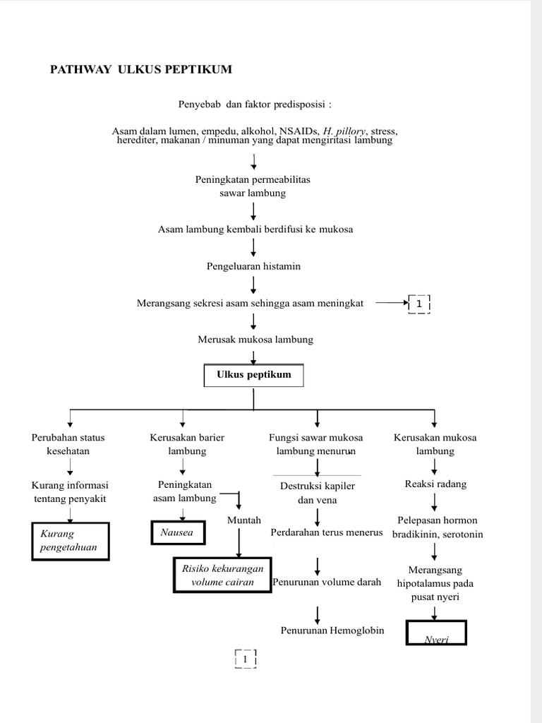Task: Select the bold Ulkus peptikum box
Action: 254,376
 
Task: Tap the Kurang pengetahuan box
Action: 70,541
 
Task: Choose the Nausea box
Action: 177,532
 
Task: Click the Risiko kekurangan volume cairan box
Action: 222,575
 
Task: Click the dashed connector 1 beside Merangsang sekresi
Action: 419,304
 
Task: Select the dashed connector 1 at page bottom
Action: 245,659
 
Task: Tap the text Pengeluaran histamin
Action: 253,266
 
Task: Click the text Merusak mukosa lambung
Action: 255,340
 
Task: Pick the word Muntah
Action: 244,520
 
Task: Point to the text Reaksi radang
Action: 435,484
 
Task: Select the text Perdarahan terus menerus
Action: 326,532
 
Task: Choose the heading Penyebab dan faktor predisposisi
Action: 254,104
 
